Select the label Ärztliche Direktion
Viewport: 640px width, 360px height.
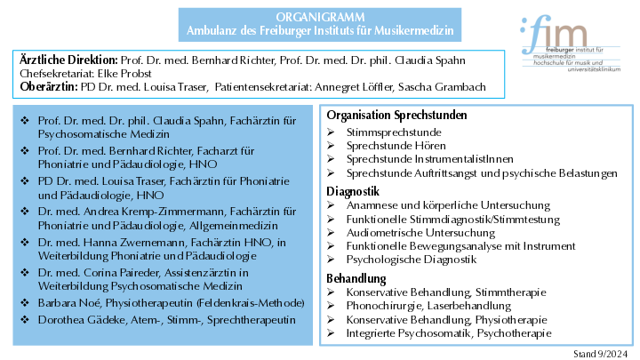73,58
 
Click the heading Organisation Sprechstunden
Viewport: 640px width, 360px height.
396,116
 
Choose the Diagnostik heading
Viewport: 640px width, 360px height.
353,191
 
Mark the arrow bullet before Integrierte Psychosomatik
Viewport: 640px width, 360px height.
331,333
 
